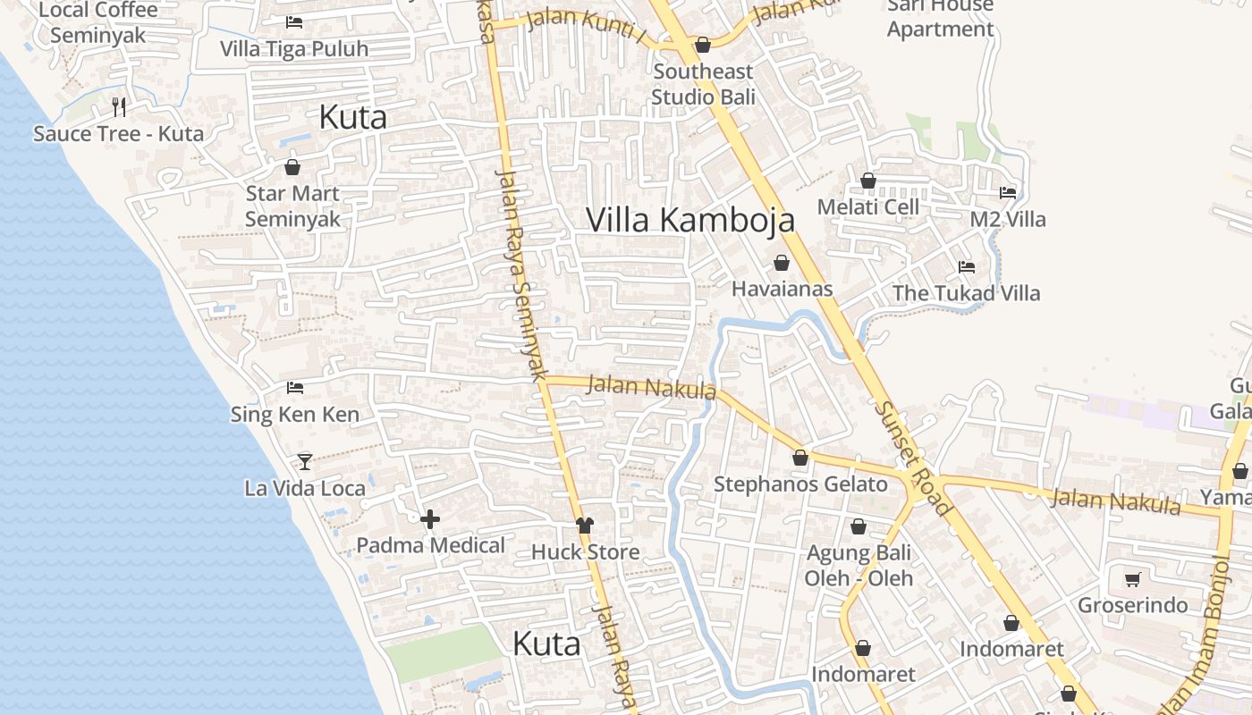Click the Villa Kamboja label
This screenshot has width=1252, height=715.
(690, 220)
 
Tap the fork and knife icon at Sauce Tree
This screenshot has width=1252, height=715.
(119, 107)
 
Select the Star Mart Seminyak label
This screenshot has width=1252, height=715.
(292, 206)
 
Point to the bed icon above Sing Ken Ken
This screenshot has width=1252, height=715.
(295, 388)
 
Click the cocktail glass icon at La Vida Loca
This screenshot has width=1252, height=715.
(305, 461)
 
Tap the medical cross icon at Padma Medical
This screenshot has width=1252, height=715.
(430, 519)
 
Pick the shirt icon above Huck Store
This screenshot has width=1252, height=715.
(585, 526)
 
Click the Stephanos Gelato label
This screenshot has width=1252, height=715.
(800, 484)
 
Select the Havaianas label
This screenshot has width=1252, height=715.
(782, 289)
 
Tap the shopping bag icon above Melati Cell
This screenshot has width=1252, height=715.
(867, 181)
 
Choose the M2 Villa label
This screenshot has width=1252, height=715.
(1008, 219)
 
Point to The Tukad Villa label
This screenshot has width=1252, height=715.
(966, 293)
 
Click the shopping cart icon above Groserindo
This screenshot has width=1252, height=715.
(1132, 579)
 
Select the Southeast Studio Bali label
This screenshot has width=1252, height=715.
(703, 84)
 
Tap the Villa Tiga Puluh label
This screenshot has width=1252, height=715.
(294, 48)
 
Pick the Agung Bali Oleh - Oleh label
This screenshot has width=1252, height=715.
(859, 565)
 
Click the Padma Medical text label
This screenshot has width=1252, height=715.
(430, 545)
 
